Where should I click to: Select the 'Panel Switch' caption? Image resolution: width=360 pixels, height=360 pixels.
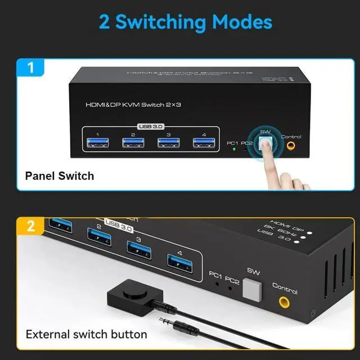pos(60,176)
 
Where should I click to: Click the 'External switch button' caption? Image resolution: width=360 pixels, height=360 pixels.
pos(87,334)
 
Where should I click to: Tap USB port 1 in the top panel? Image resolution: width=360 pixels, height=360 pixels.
pos(97,143)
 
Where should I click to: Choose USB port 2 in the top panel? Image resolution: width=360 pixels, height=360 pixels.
pos(133,143)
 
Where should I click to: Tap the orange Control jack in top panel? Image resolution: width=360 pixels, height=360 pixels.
pos(291,146)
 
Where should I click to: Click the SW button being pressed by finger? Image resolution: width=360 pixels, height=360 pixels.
pos(265,143)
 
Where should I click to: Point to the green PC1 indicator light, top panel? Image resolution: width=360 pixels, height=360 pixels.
pos(233,150)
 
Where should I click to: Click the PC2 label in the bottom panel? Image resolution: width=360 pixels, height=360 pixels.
pos(232,277)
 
